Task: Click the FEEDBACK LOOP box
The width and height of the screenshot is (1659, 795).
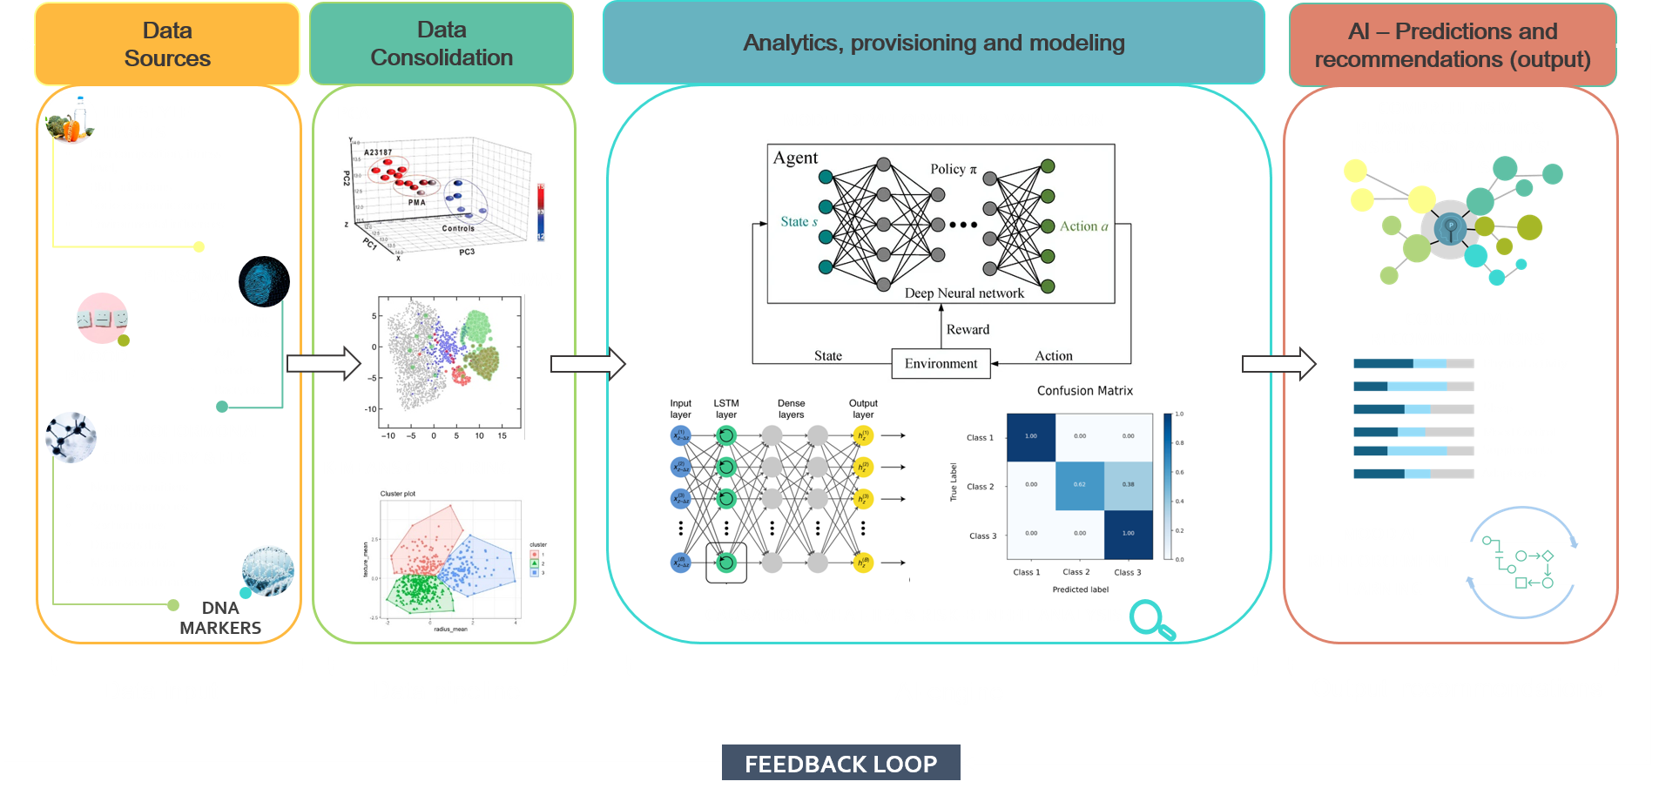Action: tap(840, 764)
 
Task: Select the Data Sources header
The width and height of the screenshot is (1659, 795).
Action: tap(167, 44)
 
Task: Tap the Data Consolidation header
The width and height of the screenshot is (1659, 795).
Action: tap(442, 44)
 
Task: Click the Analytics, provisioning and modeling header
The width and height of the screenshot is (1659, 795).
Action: tap(934, 43)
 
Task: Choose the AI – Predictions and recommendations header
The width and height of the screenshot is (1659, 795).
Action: tap(1452, 45)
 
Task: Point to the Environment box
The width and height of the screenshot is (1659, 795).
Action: tap(941, 363)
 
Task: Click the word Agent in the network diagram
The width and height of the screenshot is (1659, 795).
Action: tap(795, 158)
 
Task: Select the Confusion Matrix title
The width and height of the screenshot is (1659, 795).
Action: tap(1084, 391)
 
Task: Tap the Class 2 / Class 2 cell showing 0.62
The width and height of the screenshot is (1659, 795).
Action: tap(1080, 485)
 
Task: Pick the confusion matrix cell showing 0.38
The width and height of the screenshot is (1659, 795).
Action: tap(1128, 485)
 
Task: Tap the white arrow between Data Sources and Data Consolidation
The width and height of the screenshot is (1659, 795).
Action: tap(323, 362)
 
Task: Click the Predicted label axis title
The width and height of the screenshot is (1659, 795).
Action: tap(1080, 590)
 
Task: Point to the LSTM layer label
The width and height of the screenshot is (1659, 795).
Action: tap(726, 408)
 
